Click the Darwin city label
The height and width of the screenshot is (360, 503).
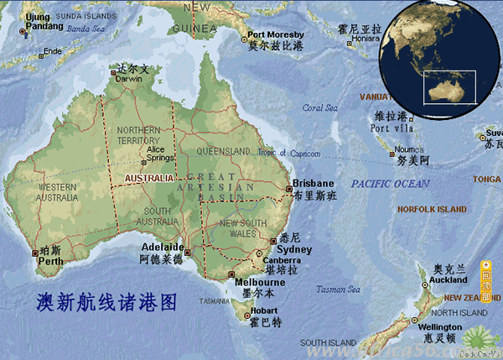(128, 79)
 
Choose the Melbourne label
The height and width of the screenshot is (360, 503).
(260, 283)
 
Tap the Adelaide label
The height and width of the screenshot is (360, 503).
(162, 248)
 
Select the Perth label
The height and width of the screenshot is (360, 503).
(50, 261)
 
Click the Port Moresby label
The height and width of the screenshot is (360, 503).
(276, 36)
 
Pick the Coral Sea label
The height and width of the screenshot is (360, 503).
(319, 107)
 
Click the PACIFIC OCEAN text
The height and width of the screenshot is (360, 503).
(390, 183)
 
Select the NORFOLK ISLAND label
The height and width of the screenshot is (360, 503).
(432, 209)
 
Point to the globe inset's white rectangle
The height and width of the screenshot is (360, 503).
(449, 86)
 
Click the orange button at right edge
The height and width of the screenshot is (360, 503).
(486, 283)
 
